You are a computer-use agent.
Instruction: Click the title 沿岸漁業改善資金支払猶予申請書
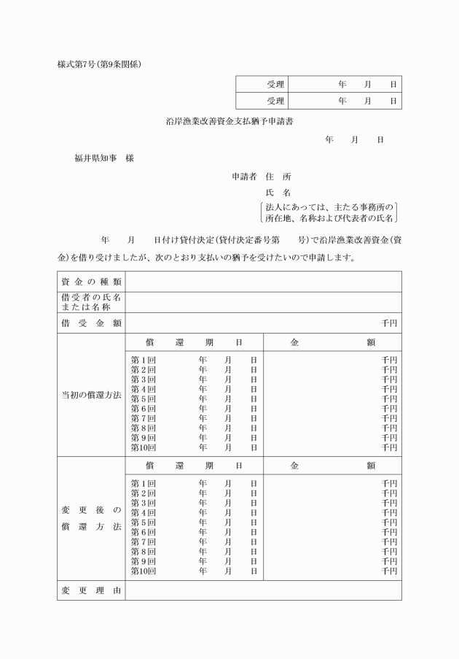pos(229,121)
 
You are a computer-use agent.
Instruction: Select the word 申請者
pos(244,177)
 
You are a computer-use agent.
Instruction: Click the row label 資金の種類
pos(91,282)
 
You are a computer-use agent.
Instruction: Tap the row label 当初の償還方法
pos(91,395)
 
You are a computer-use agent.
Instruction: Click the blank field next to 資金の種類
pos(262,282)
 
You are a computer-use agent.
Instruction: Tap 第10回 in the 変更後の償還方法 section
pos(144,571)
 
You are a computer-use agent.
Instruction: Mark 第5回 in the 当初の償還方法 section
pos(144,399)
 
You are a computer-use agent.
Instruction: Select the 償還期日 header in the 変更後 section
pos(194,465)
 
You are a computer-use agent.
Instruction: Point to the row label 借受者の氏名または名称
pos(91,302)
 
